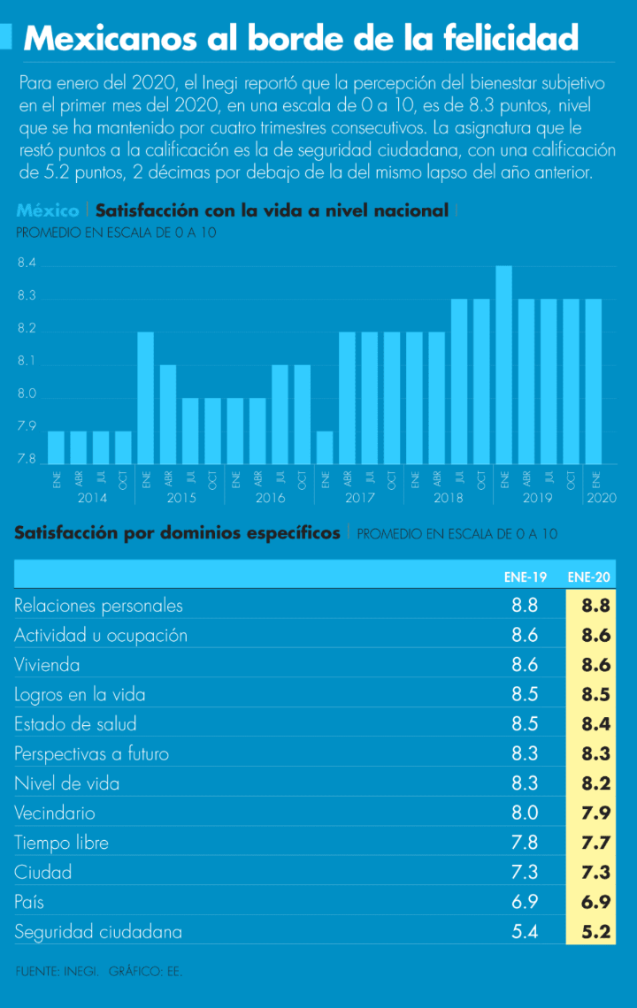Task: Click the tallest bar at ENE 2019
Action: pos(503,364)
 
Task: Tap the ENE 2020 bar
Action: pos(594,381)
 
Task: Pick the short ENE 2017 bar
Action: pos(325,447)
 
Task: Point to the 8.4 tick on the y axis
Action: pos(27,263)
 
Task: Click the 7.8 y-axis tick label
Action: pos(27,460)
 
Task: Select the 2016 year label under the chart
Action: pos(270,498)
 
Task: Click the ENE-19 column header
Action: pos(525,577)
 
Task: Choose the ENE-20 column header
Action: pos(588,577)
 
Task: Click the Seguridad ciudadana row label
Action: pos(98,932)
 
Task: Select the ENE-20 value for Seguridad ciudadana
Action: pos(596,932)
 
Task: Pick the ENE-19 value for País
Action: pos(525,902)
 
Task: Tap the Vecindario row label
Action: pos(55,813)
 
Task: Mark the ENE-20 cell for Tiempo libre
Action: pos(596,843)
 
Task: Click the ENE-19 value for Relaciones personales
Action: pos(525,606)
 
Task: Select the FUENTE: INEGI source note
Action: pos(56,971)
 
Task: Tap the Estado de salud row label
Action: pos(75,724)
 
